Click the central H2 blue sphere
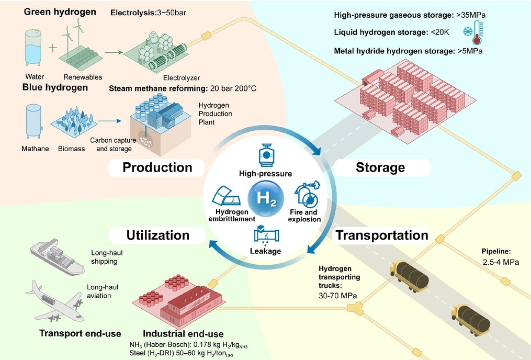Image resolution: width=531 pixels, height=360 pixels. [266, 198]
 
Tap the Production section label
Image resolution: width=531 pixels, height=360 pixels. [157, 167]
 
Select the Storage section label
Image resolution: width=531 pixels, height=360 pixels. [380, 167]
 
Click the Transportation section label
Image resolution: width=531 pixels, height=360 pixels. [382, 235]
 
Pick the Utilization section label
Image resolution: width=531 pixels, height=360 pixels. [158, 235]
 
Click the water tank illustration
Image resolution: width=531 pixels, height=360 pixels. [33, 48]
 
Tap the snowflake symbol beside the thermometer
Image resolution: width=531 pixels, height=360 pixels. [468, 32]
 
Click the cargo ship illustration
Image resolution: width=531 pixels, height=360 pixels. [57, 256]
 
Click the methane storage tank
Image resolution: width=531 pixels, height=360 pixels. [34, 121]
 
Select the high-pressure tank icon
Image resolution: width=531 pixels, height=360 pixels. [266, 155]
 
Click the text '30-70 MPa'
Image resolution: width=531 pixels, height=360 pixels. [337, 296]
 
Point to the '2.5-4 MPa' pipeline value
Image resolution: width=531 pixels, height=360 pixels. [501, 262]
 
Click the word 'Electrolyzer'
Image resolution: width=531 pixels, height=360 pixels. [182, 78]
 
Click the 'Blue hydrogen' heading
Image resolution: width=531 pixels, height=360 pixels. [55, 87]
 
